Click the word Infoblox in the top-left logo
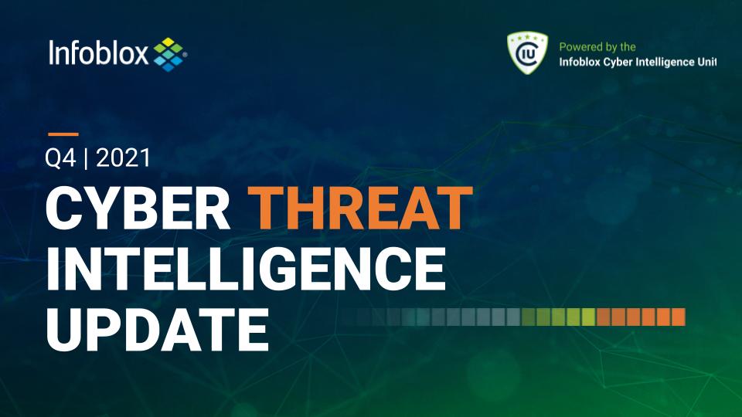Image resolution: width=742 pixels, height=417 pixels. [98, 53]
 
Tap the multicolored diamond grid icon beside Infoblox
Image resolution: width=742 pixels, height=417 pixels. [169, 54]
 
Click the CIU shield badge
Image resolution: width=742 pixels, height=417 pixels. [527, 53]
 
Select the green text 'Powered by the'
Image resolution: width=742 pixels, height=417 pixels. [597, 47]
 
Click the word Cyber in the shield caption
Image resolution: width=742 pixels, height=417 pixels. [617, 63]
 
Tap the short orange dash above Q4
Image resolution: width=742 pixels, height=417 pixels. [63, 134]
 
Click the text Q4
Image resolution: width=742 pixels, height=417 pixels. [60, 158]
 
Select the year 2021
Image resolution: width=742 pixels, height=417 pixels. [123, 158]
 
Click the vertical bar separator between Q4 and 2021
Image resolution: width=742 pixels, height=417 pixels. [86, 158]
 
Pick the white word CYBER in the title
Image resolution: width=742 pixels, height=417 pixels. [138, 208]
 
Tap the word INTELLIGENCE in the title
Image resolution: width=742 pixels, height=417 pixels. [246, 268]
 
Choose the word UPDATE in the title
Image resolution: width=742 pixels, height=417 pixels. [158, 329]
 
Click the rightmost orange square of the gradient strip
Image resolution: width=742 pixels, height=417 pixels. [678, 317]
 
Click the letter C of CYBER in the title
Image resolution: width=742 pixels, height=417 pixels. [65, 208]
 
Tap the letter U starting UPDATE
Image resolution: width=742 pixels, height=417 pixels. [65, 329]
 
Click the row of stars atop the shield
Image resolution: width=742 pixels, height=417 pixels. [527, 37]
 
